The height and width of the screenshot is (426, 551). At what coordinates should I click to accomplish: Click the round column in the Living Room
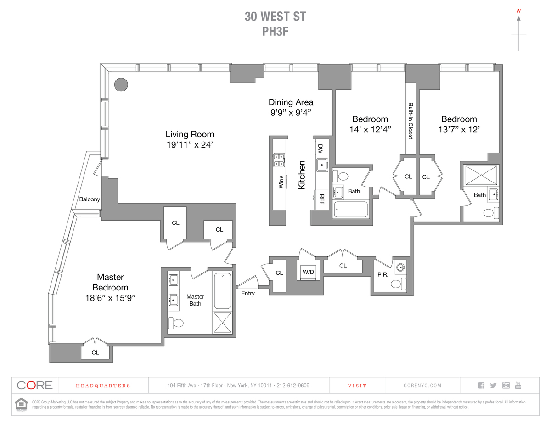tap(121, 84)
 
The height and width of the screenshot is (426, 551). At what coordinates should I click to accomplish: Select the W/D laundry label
tap(308, 272)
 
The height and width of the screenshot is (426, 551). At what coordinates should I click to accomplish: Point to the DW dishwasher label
tap(320, 148)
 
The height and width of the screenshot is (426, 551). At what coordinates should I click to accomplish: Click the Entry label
tap(247, 293)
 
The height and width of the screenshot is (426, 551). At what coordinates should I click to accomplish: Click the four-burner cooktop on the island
tap(278, 159)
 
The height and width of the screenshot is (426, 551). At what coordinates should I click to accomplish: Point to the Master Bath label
tap(195, 300)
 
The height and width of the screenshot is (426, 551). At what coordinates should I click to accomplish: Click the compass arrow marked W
tap(519, 18)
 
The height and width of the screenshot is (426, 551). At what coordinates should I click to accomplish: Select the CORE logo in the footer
tap(34, 386)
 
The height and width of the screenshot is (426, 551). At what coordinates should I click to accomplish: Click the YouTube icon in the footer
tap(518, 385)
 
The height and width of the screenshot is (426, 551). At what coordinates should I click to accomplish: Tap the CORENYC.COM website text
tap(422, 386)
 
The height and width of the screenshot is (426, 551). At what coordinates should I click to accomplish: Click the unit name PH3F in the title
tap(275, 31)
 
